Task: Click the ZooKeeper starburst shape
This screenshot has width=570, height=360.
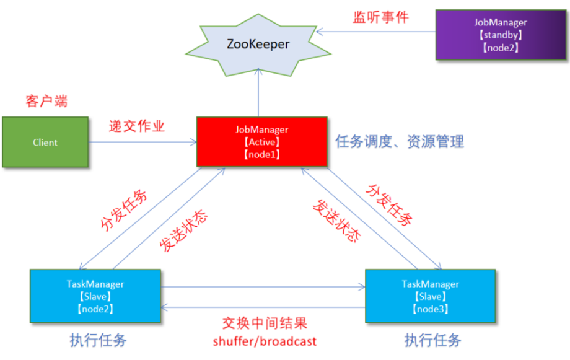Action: click(256, 45)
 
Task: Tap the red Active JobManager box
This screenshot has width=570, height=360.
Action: click(261, 142)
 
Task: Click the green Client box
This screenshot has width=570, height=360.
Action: click(45, 143)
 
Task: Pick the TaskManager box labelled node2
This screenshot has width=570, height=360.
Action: click(95, 296)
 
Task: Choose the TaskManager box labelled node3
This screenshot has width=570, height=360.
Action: click(430, 296)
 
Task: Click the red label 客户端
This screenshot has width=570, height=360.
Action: click(47, 102)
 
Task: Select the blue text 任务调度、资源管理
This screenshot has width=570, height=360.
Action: click(400, 142)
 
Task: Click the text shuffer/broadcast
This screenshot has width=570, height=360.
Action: click(265, 341)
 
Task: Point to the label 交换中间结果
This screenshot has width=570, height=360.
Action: click(265, 323)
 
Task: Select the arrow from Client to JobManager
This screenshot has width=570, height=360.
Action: click(142, 143)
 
